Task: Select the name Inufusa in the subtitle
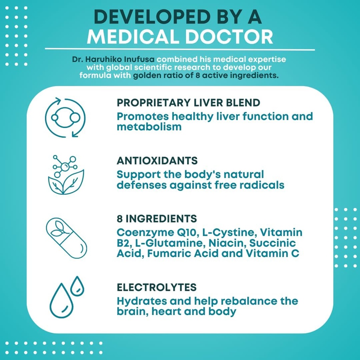[140, 59]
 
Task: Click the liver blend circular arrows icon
[65, 117]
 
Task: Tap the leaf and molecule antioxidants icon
[66, 174]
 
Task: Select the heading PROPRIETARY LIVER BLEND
[188, 103]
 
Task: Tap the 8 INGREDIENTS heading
[157, 218]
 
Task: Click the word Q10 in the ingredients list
[185, 233]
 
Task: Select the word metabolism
[149, 127]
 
